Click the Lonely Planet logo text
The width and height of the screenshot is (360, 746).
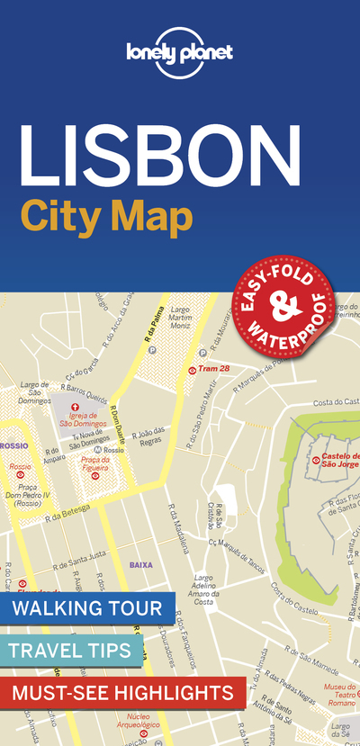click(x=180, y=52)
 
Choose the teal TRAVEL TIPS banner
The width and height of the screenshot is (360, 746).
click(x=71, y=650)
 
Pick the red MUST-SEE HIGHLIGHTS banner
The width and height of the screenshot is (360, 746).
click(x=121, y=692)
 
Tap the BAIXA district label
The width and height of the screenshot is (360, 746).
click(x=141, y=565)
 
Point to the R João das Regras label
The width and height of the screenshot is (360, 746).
click(x=148, y=436)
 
